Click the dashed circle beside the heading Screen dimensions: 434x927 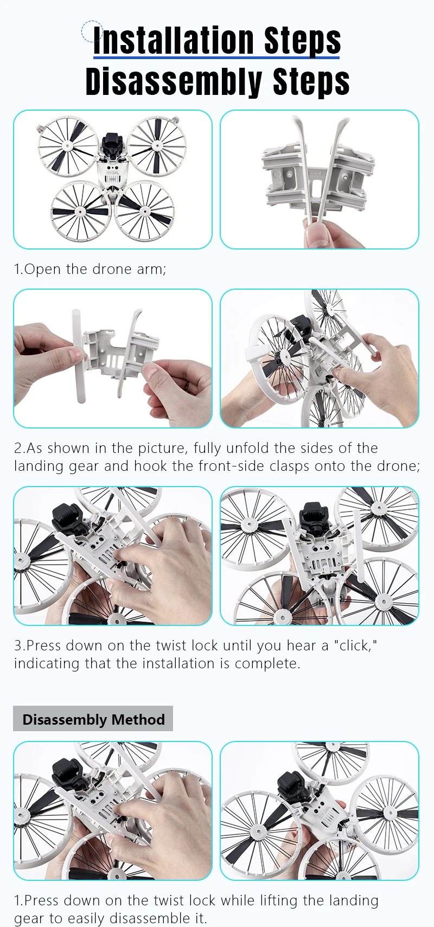pyautogui.click(x=92, y=30)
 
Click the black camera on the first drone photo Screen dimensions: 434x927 pyautogui.click(x=112, y=144)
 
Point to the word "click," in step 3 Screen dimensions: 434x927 pyautogui.click(x=355, y=645)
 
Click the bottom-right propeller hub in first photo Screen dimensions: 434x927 pyautogui.click(x=144, y=212)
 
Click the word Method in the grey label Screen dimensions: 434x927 pyautogui.click(x=138, y=719)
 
